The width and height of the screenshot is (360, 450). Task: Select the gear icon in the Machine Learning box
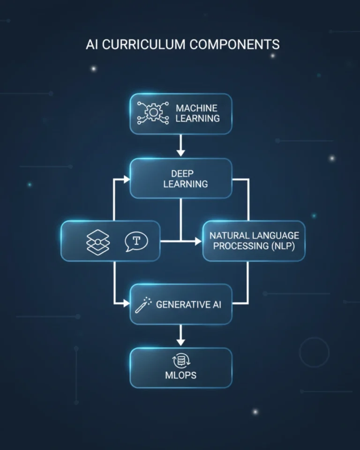pyautogui.click(x=152, y=113)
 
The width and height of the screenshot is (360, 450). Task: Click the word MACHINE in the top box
pyautogui.click(x=197, y=108)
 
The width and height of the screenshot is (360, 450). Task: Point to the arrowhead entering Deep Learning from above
pyautogui.click(x=180, y=152)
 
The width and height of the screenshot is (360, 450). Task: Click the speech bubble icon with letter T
pyautogui.click(x=136, y=241)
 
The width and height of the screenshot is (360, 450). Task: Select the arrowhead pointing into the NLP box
pyautogui.click(x=198, y=241)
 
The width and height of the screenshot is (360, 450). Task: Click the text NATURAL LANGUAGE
pyautogui.click(x=254, y=235)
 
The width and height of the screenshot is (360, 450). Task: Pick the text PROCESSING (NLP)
pyautogui.click(x=254, y=246)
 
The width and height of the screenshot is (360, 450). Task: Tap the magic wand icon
pyautogui.click(x=142, y=304)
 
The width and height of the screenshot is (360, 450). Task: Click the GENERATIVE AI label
pyautogui.click(x=188, y=304)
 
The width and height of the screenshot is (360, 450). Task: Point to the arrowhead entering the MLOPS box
pyautogui.click(x=180, y=342)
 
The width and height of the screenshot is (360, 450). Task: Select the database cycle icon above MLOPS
pyautogui.click(x=180, y=361)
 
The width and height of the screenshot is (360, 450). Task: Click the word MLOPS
pyautogui.click(x=180, y=375)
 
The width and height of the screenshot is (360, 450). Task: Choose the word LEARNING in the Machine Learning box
pyautogui.click(x=197, y=119)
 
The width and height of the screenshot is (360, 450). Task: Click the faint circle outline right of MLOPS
pyautogui.click(x=314, y=352)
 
